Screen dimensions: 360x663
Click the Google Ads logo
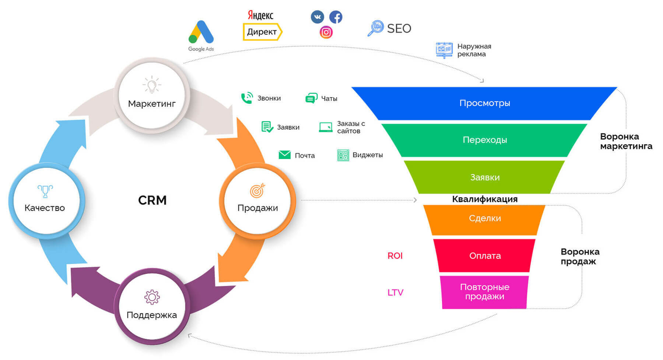[x=201, y=33]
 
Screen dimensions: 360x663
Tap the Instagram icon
[x=327, y=33]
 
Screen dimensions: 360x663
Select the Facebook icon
[x=335, y=17]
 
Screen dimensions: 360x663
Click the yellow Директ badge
[x=262, y=32]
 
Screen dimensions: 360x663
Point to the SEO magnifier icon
[x=375, y=28]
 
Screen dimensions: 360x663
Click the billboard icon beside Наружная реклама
[x=444, y=50]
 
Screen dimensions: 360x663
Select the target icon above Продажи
[x=257, y=190]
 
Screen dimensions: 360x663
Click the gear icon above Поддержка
[x=151, y=297]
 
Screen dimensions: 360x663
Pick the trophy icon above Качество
[x=45, y=190]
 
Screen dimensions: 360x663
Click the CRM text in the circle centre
[x=152, y=200]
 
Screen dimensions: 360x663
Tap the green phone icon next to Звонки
[x=246, y=98]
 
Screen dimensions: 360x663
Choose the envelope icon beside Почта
[x=285, y=155]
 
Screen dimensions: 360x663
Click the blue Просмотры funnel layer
[x=485, y=103]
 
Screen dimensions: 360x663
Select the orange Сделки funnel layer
[x=485, y=219]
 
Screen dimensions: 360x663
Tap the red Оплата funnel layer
[x=485, y=256]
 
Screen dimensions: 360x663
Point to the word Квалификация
[x=485, y=199]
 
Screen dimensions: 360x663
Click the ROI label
[x=395, y=256]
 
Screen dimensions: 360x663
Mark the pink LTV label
[x=395, y=293]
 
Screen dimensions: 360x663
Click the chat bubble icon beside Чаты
[x=311, y=98]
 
